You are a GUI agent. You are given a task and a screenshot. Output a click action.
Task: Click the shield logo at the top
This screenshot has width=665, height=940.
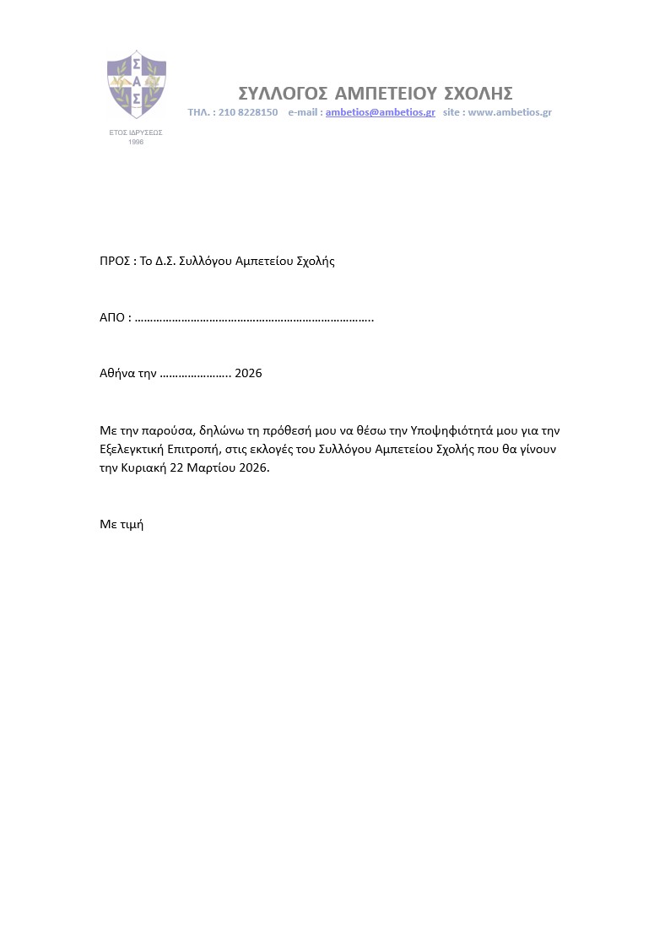pyautogui.click(x=136, y=84)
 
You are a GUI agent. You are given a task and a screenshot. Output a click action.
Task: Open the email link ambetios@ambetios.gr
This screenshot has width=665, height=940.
pyautogui.click(x=380, y=112)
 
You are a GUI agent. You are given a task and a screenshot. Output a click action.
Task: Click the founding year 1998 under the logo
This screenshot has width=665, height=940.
pyautogui.click(x=136, y=142)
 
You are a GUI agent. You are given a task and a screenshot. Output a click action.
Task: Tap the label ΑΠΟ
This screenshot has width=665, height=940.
pyautogui.click(x=113, y=318)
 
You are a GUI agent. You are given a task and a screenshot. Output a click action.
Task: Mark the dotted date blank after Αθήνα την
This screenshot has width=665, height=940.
pyautogui.click(x=195, y=375)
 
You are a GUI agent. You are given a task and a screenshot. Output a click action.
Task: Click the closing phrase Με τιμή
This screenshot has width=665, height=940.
pyautogui.click(x=122, y=524)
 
